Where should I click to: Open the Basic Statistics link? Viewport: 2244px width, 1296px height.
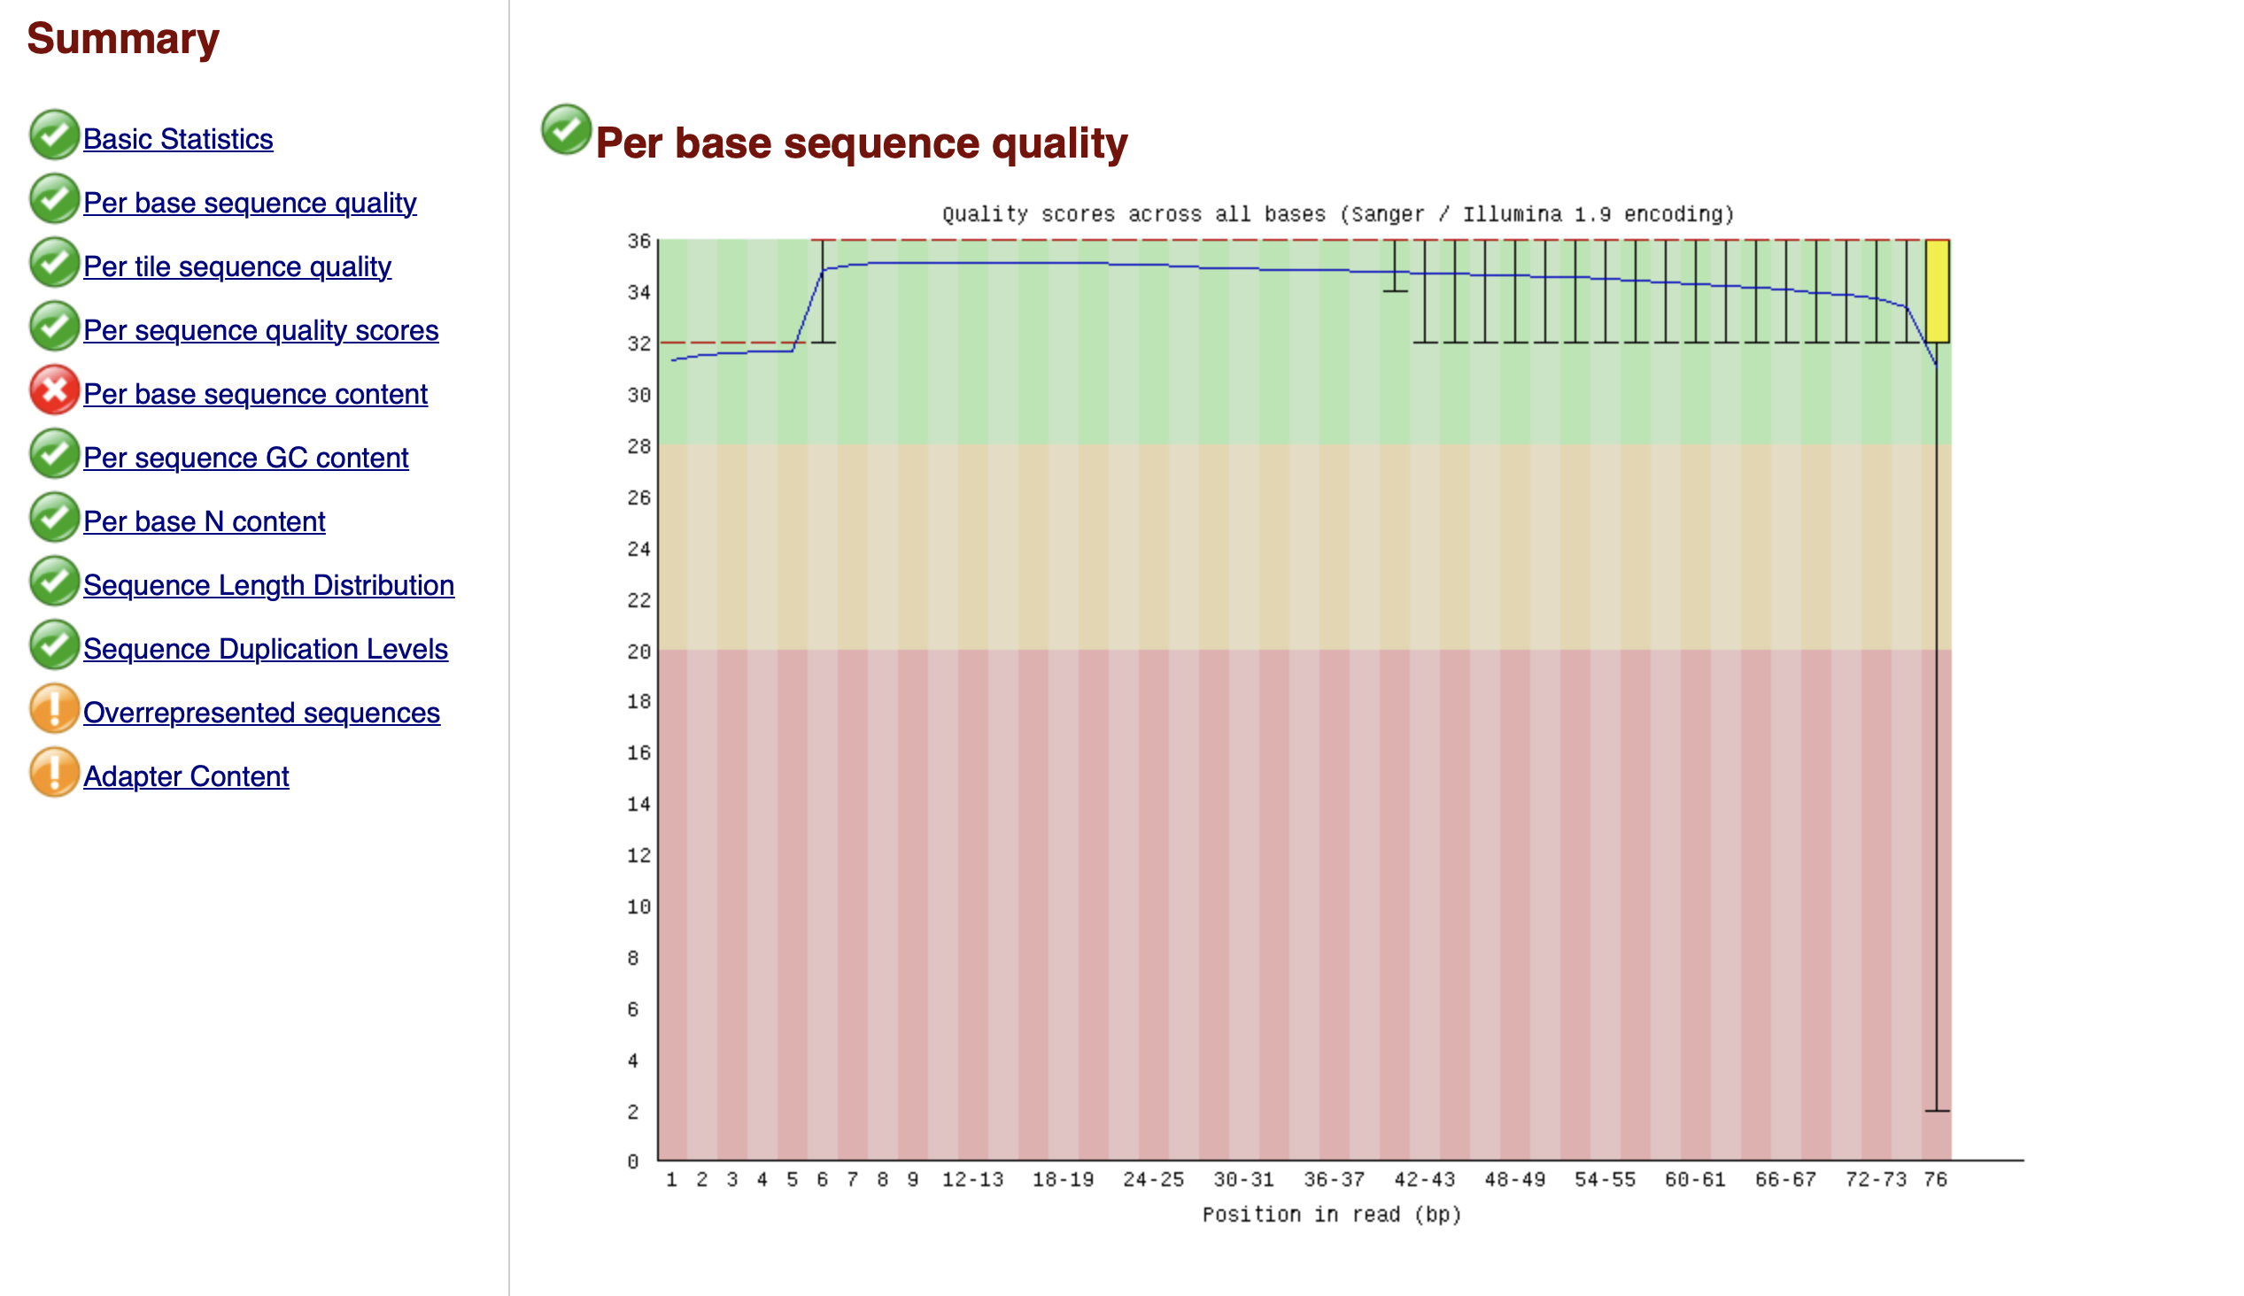pyautogui.click(x=177, y=139)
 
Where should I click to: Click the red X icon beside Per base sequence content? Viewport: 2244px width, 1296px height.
pyautogui.click(x=54, y=390)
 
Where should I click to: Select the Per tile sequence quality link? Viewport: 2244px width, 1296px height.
pyautogui.click(x=236, y=266)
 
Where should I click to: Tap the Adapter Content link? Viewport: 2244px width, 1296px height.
pyautogui.click(x=185, y=776)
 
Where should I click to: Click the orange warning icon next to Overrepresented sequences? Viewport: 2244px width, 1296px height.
pyautogui.click(x=54, y=708)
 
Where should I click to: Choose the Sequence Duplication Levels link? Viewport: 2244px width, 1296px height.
pyautogui.click(x=266, y=649)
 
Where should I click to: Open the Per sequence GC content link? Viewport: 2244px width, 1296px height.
pyautogui.click(x=245, y=458)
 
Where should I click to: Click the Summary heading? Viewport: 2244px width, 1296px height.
pyautogui.click(x=123, y=38)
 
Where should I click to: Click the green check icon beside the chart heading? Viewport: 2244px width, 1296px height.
pyautogui.click(x=566, y=130)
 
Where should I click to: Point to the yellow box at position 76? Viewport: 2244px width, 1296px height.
pyautogui.click(x=1937, y=291)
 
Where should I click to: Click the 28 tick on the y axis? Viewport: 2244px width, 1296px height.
pyautogui.click(x=638, y=446)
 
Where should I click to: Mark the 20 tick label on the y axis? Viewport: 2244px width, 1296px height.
pyautogui.click(x=638, y=652)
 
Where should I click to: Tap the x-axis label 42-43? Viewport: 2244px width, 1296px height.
pyautogui.click(x=1424, y=1179)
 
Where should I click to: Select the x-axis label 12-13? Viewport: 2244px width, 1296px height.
pyautogui.click(x=972, y=1179)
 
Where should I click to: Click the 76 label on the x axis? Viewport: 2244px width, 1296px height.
pyautogui.click(x=1935, y=1179)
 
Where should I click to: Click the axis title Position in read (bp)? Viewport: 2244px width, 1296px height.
pyautogui.click(x=1332, y=1214)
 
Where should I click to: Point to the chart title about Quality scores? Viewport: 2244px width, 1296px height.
pyautogui.click(x=1338, y=214)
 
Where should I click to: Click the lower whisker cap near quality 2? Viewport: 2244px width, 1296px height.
pyautogui.click(x=1937, y=1110)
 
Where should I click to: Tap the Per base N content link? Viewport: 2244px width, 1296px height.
pyautogui.click(x=204, y=521)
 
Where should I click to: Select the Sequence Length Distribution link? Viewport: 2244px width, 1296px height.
pyautogui.click(x=268, y=585)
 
